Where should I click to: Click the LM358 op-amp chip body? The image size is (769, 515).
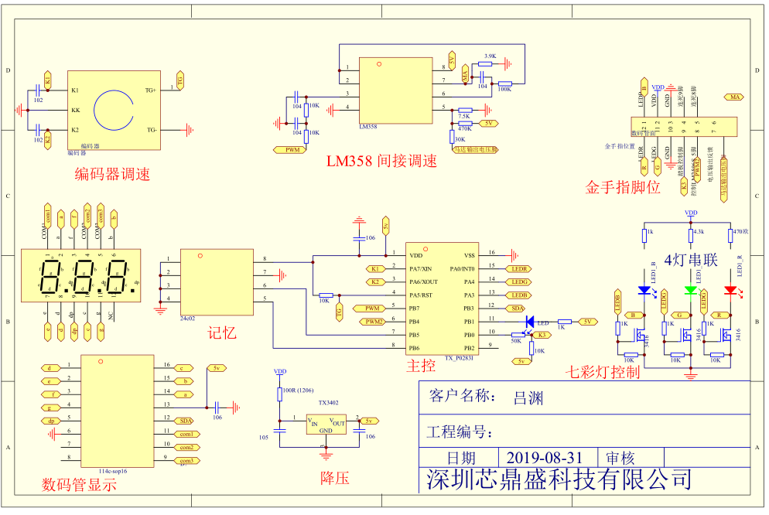(x=395, y=90)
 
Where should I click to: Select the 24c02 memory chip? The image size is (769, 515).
(x=216, y=281)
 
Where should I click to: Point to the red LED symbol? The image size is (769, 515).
(x=730, y=290)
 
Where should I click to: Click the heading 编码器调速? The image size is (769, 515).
(x=112, y=175)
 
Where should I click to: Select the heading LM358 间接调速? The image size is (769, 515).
(x=381, y=161)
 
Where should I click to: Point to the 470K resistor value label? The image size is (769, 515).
(x=464, y=129)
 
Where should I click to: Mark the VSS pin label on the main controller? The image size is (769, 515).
(x=469, y=254)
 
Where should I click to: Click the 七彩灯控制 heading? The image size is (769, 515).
(x=603, y=373)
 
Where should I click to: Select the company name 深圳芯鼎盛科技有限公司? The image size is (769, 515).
(x=559, y=480)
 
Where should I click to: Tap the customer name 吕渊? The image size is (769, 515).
(x=528, y=398)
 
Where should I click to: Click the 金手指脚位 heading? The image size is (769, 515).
(x=623, y=187)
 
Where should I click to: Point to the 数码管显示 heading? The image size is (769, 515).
(x=79, y=485)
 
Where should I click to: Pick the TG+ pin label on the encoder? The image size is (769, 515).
(x=150, y=90)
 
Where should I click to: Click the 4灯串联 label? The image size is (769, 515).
(x=691, y=261)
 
